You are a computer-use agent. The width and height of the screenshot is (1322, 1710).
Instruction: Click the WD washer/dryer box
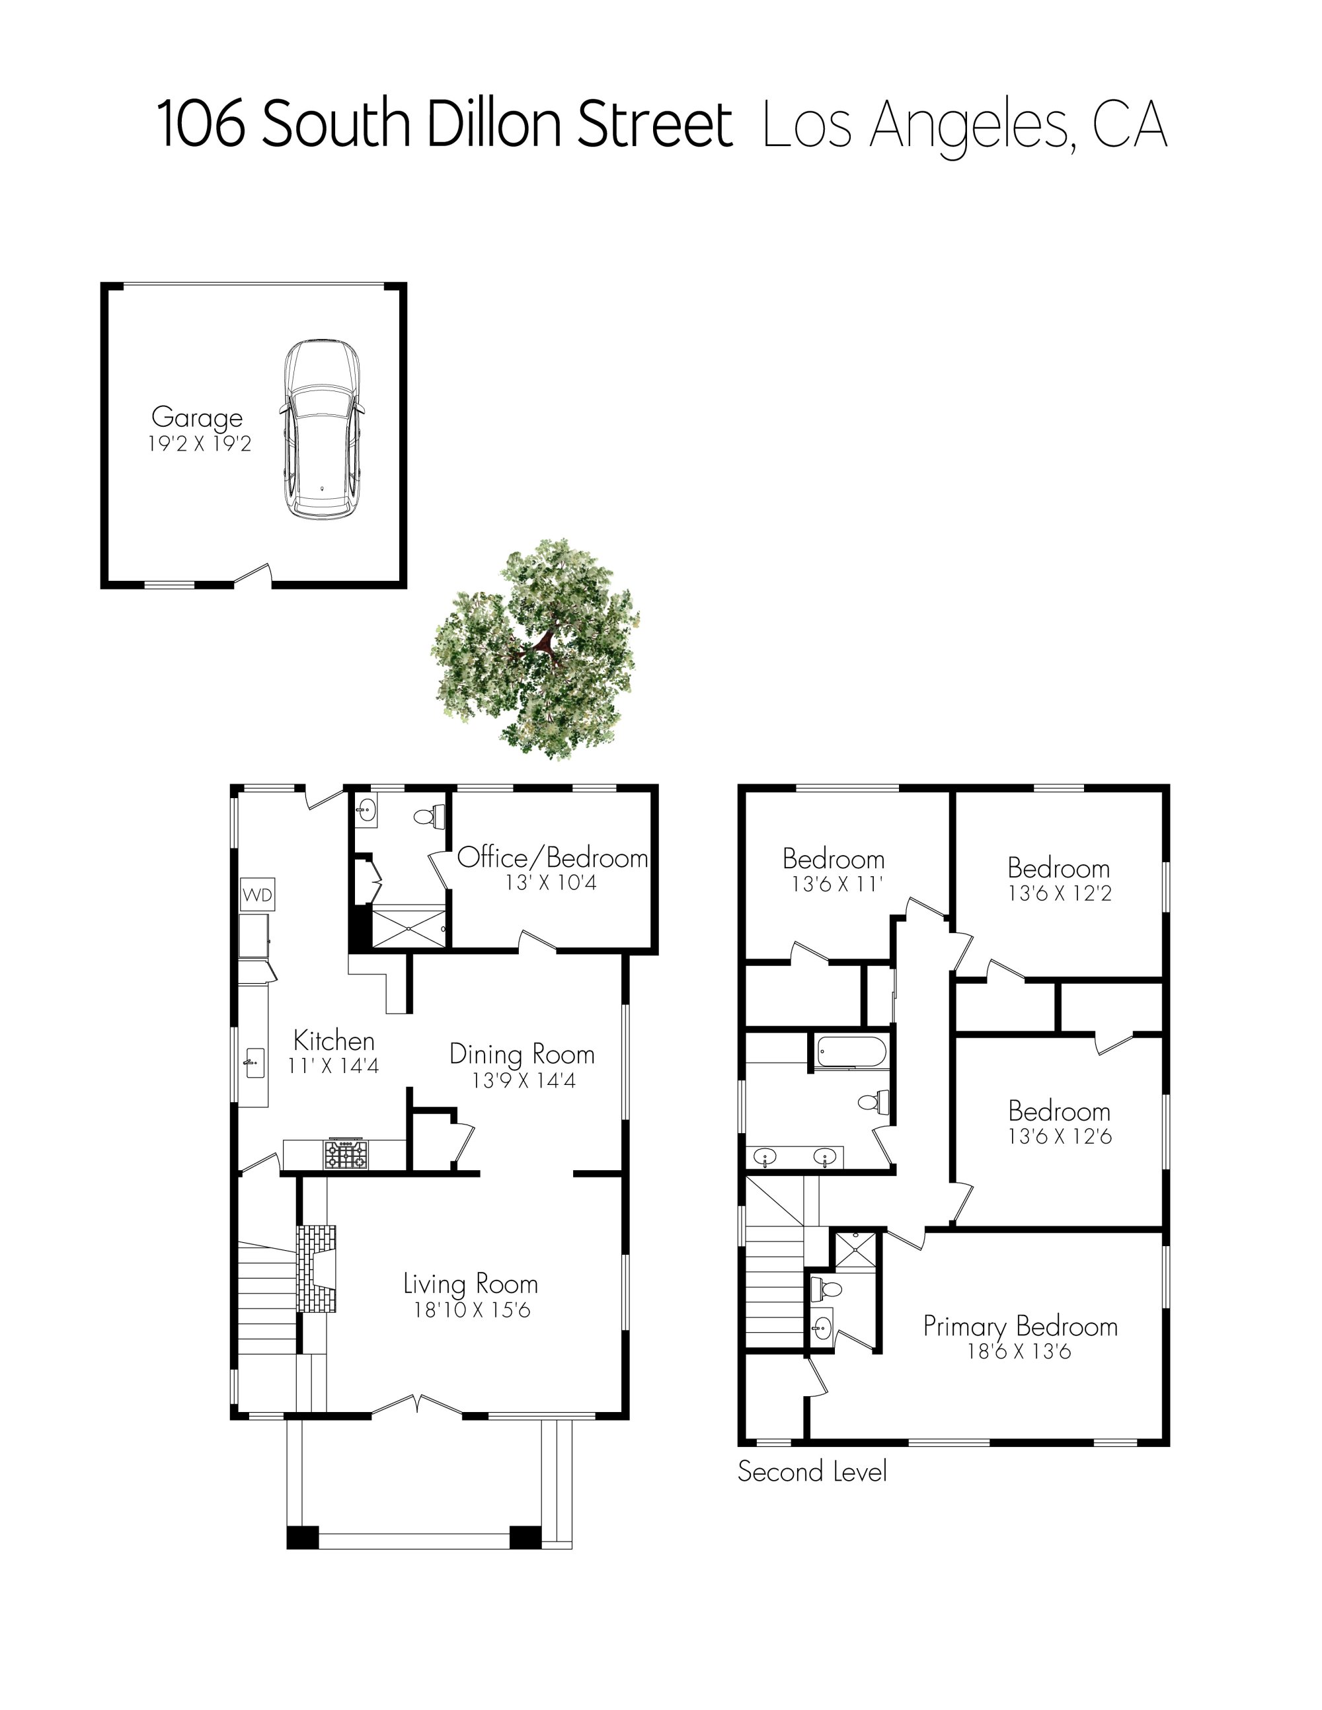pyautogui.click(x=258, y=895)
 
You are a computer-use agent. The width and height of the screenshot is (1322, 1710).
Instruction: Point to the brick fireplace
pyautogui.click(x=317, y=1269)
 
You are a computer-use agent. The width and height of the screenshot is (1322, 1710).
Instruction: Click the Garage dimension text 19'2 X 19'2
pyautogui.click(x=200, y=444)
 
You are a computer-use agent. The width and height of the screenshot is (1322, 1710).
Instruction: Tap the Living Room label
pyautogui.click(x=470, y=1284)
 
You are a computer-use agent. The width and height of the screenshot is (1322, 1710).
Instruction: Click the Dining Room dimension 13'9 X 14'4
pyautogui.click(x=523, y=1080)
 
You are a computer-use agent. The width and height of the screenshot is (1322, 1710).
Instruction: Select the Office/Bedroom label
pyautogui.click(x=552, y=858)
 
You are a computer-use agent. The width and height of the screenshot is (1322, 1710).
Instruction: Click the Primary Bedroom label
pyautogui.click(x=1020, y=1326)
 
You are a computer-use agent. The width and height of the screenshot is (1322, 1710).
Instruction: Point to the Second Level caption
pyautogui.click(x=812, y=1472)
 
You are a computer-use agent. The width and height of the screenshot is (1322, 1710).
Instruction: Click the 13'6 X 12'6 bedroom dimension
pyautogui.click(x=1059, y=1136)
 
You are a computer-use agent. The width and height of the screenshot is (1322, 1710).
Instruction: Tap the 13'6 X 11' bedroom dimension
pyautogui.click(x=836, y=884)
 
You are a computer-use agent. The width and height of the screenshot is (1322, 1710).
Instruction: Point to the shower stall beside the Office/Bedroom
pyautogui.click(x=408, y=927)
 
